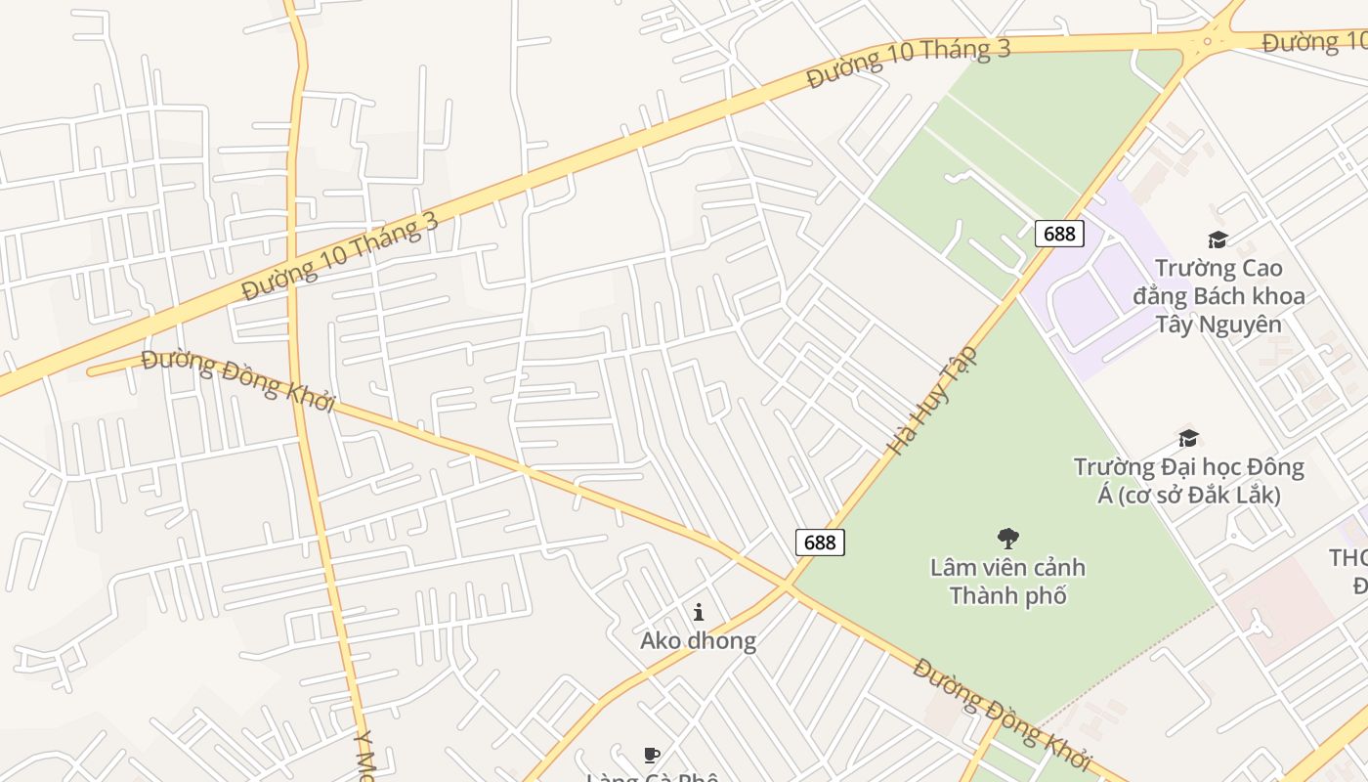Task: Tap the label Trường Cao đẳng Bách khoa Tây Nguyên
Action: pyautogui.click(x=1218, y=295)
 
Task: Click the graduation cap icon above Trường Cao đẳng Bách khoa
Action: pyautogui.click(x=1218, y=239)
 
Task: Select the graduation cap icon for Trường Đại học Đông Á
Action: pyautogui.click(x=1188, y=438)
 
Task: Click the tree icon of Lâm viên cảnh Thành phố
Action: pyautogui.click(x=1007, y=538)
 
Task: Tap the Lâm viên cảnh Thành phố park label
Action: pyautogui.click(x=1007, y=581)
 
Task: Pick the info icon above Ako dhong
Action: pyautogui.click(x=699, y=613)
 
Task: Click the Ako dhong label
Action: pyautogui.click(x=698, y=641)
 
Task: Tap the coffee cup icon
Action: pyautogui.click(x=652, y=755)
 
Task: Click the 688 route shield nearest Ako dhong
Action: pyautogui.click(x=820, y=543)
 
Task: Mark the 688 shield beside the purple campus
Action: pyautogui.click(x=1059, y=233)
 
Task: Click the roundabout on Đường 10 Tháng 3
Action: pyautogui.click(x=1209, y=40)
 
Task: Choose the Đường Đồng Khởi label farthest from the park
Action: pyautogui.click(x=238, y=380)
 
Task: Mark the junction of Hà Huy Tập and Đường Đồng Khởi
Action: pyautogui.click(x=789, y=586)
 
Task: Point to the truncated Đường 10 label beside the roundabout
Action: pyautogui.click(x=1313, y=42)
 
